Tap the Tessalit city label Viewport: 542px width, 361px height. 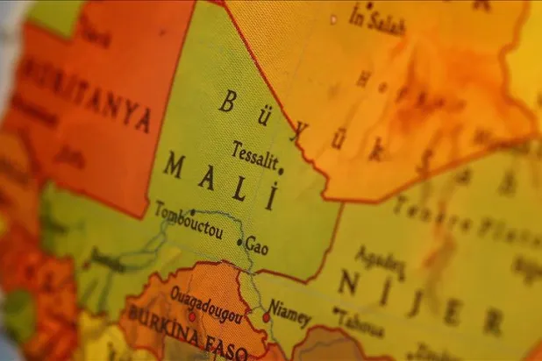[254, 154]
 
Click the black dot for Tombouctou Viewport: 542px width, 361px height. [192, 211]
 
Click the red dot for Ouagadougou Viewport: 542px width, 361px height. [192, 315]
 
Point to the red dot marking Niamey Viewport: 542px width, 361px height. [266, 317]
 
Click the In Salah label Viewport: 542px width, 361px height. [377, 19]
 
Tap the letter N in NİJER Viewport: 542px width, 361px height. [349, 282]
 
